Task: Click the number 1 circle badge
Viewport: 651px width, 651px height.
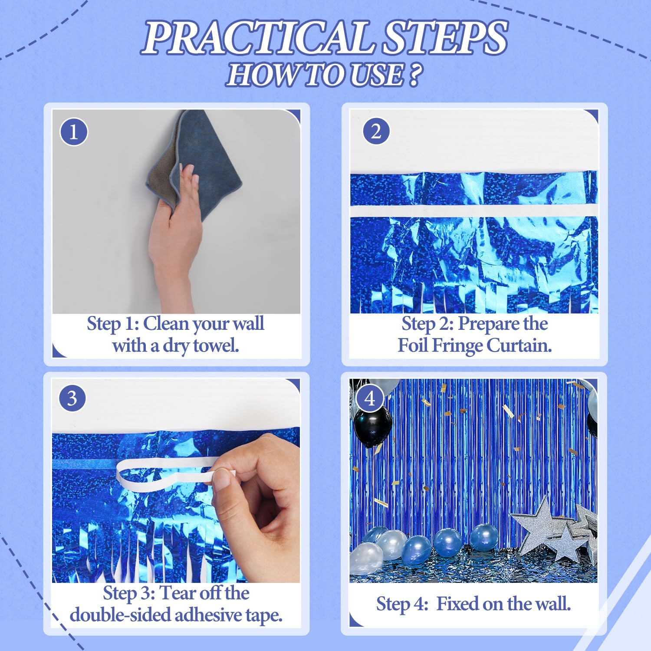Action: (x=73, y=132)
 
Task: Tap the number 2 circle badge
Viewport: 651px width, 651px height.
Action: (x=376, y=131)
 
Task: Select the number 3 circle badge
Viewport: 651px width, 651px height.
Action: (x=72, y=398)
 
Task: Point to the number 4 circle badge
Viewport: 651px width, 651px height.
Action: (x=370, y=398)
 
